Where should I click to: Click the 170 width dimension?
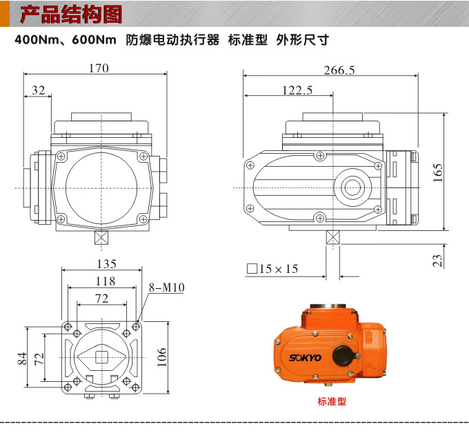click(99, 68)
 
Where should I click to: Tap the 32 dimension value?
click(38, 90)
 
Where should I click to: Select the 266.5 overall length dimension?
click(339, 70)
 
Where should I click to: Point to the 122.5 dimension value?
click(297, 90)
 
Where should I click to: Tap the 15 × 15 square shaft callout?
click(272, 269)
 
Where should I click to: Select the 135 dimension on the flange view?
click(105, 264)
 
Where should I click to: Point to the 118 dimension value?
click(105, 281)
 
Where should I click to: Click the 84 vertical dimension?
click(22, 357)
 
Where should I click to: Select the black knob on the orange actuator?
click(343, 356)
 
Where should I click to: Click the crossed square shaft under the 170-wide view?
click(101, 238)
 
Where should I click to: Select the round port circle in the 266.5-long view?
click(354, 187)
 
